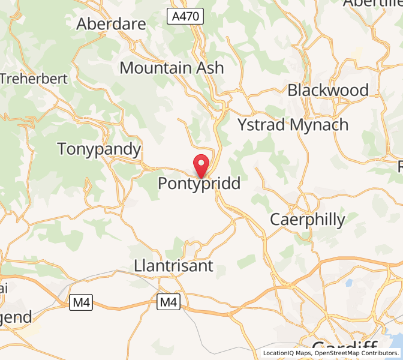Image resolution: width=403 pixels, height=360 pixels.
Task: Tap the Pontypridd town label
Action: pyautogui.click(x=199, y=184)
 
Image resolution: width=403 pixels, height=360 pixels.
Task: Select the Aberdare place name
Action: pyautogui.click(x=112, y=24)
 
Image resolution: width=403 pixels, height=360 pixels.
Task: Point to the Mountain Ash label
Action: pyautogui.click(x=172, y=68)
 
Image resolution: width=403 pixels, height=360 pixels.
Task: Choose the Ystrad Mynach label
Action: pyautogui.click(x=293, y=125)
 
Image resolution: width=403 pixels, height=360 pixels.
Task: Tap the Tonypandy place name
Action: pyautogui.click(x=99, y=149)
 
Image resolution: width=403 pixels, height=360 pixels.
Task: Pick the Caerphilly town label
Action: pyautogui.click(x=308, y=220)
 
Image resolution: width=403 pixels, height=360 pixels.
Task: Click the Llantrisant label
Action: pyautogui.click(x=174, y=266)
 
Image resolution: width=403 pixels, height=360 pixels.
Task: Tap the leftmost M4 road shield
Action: pyautogui.click(x=80, y=302)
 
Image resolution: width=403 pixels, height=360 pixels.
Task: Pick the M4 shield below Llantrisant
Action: pyautogui.click(x=169, y=302)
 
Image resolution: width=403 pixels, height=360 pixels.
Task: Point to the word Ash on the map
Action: pyautogui.click(x=210, y=68)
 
